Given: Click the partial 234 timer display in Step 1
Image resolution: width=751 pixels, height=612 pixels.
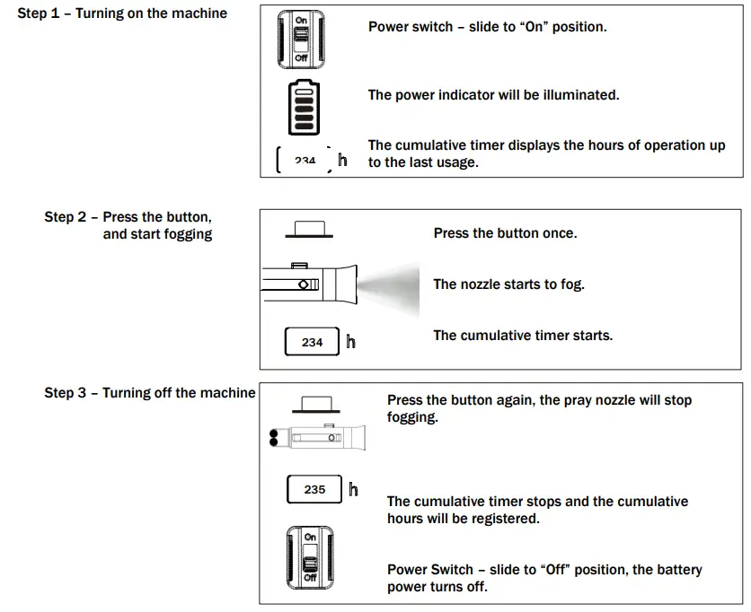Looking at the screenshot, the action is pyautogui.click(x=305, y=161).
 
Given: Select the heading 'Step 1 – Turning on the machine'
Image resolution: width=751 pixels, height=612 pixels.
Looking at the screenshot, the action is pyautogui.click(x=122, y=13).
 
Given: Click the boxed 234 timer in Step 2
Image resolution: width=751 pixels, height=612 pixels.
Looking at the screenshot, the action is pyautogui.click(x=312, y=342).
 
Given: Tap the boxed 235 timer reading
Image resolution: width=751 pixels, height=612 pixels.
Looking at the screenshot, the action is pyautogui.click(x=314, y=490).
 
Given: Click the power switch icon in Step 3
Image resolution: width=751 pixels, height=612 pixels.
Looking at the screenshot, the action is pyautogui.click(x=310, y=556).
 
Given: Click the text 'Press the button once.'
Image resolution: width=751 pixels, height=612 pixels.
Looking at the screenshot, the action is pyautogui.click(x=505, y=233).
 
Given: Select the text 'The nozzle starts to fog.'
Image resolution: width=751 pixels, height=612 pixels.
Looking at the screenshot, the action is pyautogui.click(x=508, y=284).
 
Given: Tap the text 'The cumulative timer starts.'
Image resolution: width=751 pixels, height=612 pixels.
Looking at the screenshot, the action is pyautogui.click(x=523, y=336).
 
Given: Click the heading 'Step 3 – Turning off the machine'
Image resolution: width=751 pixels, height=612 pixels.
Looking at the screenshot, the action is pyautogui.click(x=150, y=393).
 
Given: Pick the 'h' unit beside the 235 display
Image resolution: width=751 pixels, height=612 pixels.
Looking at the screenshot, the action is pyautogui.click(x=353, y=490).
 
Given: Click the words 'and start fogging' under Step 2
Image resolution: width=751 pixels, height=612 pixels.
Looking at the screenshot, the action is pyautogui.click(x=157, y=234).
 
